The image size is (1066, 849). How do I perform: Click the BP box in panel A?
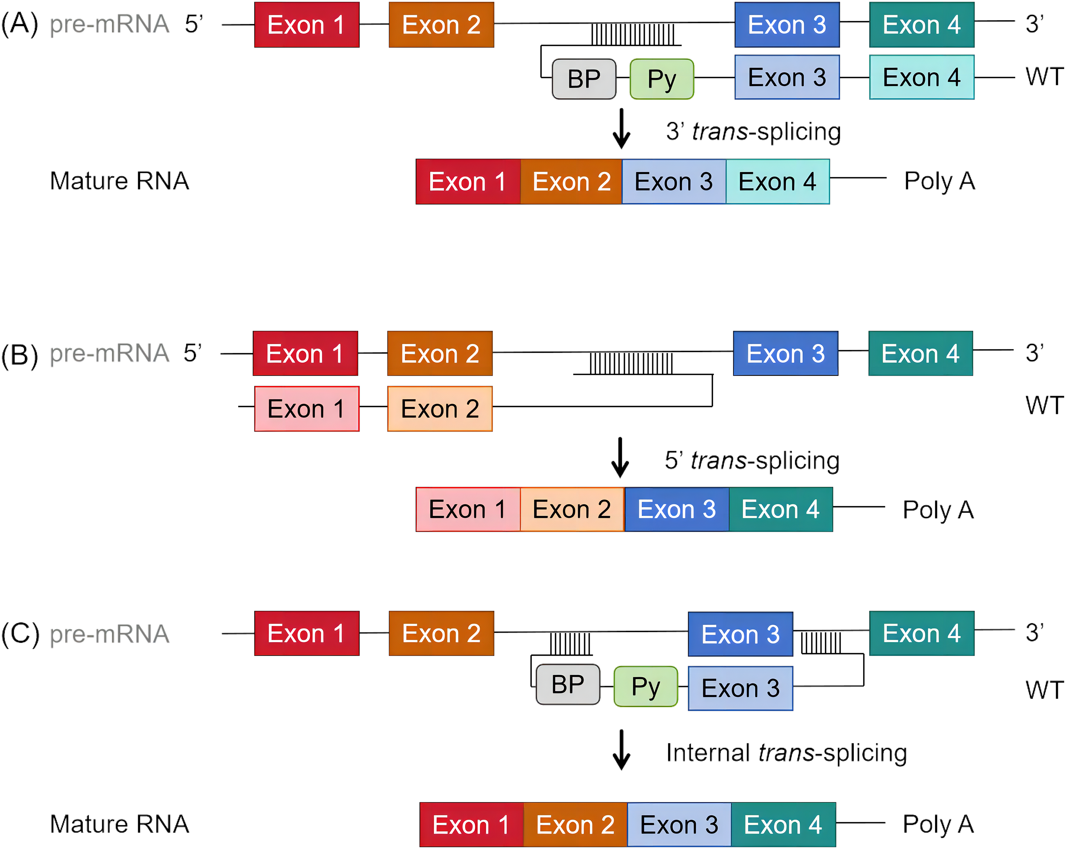584,79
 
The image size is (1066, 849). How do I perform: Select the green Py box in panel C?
646,686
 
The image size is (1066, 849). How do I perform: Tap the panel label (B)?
20,355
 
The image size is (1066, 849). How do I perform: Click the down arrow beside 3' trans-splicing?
622,129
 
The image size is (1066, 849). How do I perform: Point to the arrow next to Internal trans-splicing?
622,749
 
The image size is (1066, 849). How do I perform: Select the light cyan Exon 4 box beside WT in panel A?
922,77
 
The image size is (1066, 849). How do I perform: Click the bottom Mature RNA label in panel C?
120,824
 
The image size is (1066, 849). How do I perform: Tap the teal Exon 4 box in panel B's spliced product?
781,509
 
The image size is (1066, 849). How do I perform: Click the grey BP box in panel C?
568,684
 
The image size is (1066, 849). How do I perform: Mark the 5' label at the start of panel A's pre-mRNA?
194,23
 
